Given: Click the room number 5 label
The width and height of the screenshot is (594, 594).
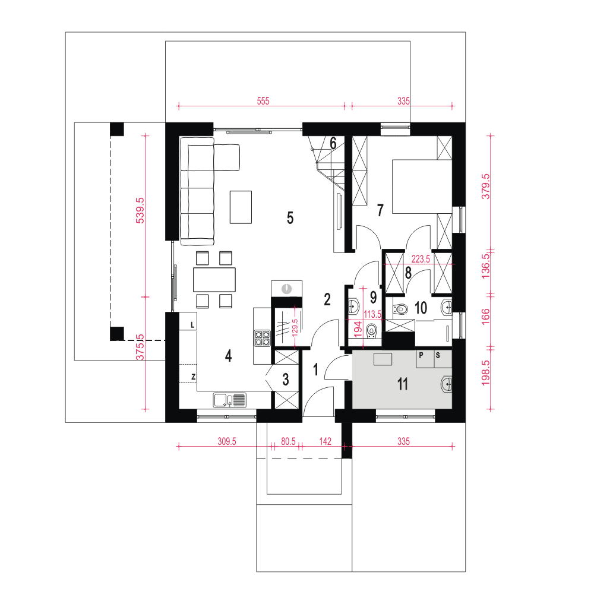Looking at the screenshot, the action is point(290,218).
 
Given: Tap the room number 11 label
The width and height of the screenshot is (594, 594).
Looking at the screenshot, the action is point(402,384).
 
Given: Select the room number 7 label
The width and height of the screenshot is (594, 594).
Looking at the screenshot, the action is point(380,210).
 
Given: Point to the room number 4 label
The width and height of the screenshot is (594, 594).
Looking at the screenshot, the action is point(229,356).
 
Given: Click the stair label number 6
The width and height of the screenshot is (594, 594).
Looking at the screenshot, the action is point(333,143).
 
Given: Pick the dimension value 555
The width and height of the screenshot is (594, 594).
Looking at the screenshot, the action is point(263,101).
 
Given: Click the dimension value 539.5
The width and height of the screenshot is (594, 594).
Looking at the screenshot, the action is point(140,210).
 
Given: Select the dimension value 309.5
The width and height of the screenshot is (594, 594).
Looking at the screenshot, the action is point(226,441).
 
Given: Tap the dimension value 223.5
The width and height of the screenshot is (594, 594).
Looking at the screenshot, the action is point(421,259).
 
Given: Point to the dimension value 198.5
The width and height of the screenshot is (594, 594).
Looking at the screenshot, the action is point(485,373).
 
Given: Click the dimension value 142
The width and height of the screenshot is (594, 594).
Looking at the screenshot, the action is point(325,441).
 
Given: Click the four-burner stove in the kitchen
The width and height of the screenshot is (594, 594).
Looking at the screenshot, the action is point(262,339).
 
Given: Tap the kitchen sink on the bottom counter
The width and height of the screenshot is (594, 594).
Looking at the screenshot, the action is point(229,400).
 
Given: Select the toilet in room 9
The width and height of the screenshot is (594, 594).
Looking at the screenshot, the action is point(372,331).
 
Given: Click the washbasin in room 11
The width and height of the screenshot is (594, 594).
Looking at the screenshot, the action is point(447,384).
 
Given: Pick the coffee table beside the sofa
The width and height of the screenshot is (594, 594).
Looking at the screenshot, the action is point(241,207).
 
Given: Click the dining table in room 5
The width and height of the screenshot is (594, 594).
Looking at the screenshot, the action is point(214,280).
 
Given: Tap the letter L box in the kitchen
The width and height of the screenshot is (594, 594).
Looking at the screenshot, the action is point(188,321).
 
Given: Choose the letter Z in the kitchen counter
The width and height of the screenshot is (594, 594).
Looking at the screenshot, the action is point(193,377).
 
